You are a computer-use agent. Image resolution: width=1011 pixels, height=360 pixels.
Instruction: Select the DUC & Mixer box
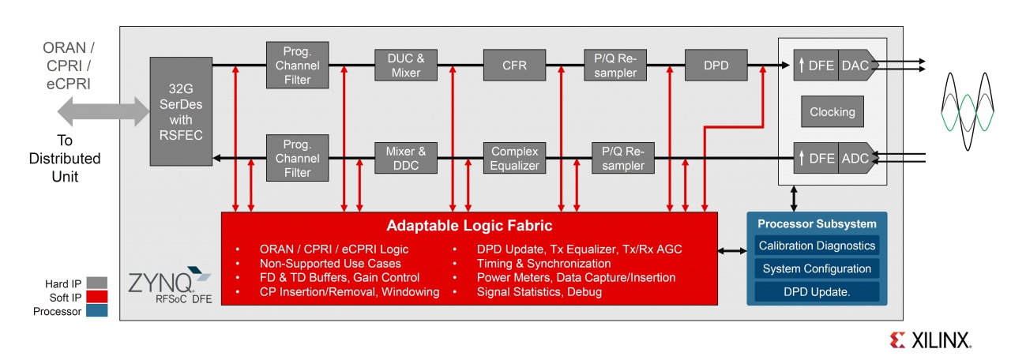(x=406, y=65)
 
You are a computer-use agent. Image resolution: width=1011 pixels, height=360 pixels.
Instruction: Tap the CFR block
(x=514, y=65)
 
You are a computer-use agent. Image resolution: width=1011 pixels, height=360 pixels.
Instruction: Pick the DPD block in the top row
(x=716, y=65)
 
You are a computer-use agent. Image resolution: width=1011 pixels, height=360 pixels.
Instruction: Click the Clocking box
(x=832, y=112)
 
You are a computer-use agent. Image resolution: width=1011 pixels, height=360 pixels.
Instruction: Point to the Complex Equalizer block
(x=514, y=158)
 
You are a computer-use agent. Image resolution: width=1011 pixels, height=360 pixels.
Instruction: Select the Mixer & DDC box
(x=406, y=158)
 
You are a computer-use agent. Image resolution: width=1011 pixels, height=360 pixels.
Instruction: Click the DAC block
(x=855, y=66)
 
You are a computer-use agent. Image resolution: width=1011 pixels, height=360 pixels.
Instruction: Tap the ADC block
(x=855, y=158)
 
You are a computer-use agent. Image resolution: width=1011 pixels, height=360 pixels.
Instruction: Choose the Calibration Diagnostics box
(x=817, y=246)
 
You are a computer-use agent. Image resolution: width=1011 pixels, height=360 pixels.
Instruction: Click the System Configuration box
(x=817, y=268)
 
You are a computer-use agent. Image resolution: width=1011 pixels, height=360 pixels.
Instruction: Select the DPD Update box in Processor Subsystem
(x=817, y=291)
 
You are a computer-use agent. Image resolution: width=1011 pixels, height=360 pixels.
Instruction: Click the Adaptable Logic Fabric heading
(x=469, y=226)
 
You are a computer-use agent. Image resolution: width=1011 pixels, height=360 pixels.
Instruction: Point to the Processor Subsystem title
(x=817, y=223)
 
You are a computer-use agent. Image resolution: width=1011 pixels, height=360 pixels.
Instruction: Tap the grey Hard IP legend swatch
(x=97, y=283)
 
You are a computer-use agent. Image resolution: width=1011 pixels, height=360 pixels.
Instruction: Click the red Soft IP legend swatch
(x=97, y=298)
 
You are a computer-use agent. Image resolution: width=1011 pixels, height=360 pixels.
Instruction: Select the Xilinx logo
(x=930, y=340)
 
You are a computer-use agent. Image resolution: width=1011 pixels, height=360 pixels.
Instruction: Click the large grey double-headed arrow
(x=102, y=111)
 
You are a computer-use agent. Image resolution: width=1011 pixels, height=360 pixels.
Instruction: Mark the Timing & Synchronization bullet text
(x=543, y=264)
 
